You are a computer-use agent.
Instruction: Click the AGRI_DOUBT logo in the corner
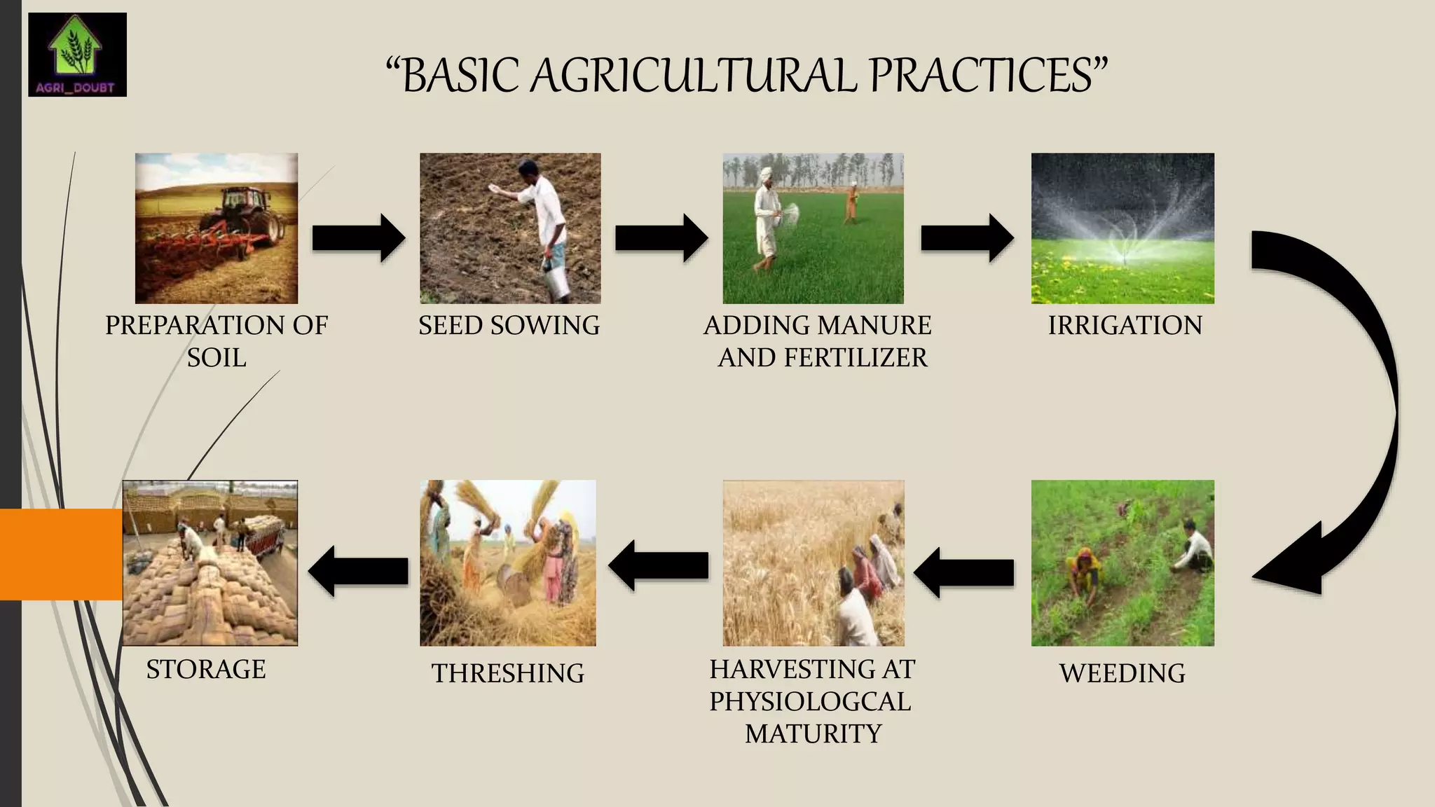pos(77,54)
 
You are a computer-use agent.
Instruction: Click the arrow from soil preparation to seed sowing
pos(358,238)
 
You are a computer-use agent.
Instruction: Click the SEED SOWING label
pos(509,326)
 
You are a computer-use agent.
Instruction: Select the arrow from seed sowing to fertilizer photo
pos(661,238)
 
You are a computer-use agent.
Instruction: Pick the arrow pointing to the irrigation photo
pos(966,238)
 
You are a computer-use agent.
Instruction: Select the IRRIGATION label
pos(1125,326)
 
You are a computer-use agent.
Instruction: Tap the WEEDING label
pos(1122,673)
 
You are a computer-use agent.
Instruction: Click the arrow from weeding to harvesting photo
pos(963,572)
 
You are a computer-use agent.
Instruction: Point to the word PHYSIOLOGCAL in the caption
pos(810,701)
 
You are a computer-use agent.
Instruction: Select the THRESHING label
pos(507,673)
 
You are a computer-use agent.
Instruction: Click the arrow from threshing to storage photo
pos(358,571)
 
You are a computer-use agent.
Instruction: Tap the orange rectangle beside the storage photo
pos(61,554)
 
